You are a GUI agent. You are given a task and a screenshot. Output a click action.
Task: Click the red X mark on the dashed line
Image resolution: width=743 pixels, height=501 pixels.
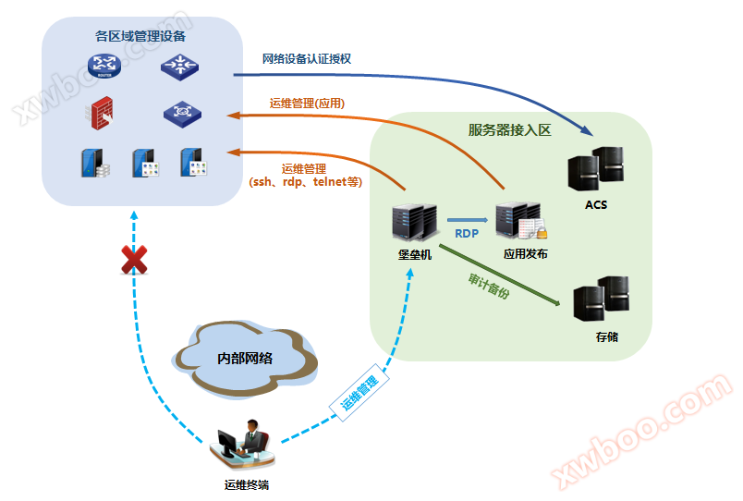[135, 260]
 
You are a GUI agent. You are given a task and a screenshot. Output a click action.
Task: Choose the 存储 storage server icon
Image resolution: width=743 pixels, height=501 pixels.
[602, 300]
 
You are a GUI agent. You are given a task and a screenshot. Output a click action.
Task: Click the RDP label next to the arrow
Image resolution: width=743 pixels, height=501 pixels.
[467, 234]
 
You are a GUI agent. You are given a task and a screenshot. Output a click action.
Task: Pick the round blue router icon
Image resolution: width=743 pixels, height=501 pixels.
[99, 64]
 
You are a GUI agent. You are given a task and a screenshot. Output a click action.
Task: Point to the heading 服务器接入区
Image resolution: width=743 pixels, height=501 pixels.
[509, 130]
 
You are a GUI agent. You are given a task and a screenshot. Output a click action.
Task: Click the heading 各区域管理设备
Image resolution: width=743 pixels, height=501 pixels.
[140, 36]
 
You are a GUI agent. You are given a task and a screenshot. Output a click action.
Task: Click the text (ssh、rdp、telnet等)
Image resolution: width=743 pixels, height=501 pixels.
[305, 182]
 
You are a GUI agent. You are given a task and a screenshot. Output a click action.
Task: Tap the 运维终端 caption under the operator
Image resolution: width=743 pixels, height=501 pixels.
[246, 483]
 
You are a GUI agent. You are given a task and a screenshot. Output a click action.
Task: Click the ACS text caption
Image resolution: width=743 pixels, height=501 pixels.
[596, 204]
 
